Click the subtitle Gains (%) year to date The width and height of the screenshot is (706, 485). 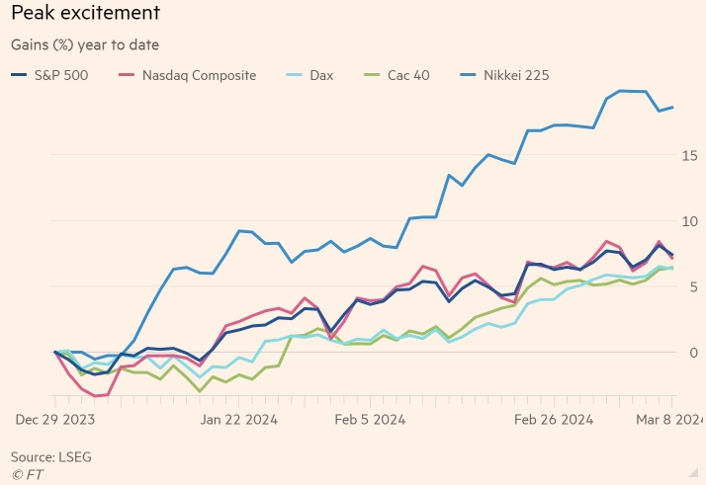85,44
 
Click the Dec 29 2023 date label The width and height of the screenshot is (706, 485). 54,420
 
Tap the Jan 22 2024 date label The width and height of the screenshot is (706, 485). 239,420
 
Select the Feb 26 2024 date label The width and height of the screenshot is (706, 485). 554,420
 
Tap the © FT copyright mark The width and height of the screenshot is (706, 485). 28,474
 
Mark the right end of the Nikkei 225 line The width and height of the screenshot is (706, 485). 673,107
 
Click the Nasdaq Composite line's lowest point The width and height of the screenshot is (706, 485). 97,396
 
